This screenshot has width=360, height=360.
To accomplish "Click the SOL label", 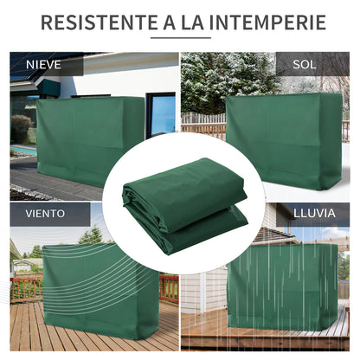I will pos(305,65).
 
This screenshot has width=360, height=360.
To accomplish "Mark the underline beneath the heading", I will pos(180,39).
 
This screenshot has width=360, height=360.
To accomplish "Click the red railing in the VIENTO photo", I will pos(26,286).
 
